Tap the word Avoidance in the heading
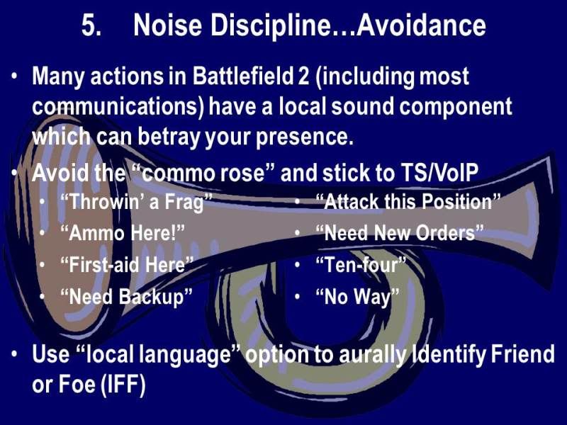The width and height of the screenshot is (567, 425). [x=421, y=25]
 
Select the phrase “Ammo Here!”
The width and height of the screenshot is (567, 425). [x=123, y=233]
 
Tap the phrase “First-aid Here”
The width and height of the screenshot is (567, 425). [x=127, y=265]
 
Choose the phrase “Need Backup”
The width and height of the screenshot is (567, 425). [x=126, y=297]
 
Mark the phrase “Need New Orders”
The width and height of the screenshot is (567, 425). [x=400, y=233]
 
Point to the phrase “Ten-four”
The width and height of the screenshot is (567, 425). [x=361, y=265]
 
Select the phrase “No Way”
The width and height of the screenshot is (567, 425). [x=357, y=297]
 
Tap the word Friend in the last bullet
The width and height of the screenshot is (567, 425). [x=522, y=353]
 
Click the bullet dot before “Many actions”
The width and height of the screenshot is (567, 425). [x=14, y=77]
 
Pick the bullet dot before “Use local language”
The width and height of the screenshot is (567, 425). [x=14, y=353]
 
